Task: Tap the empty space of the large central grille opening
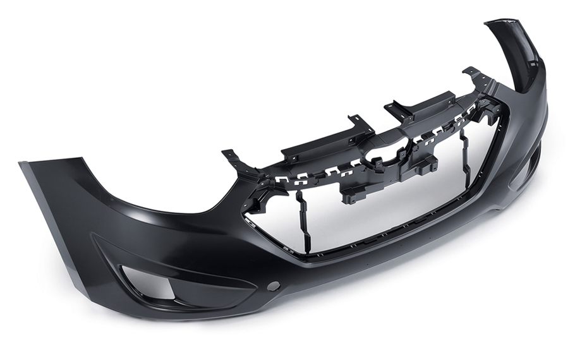[379, 202]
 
